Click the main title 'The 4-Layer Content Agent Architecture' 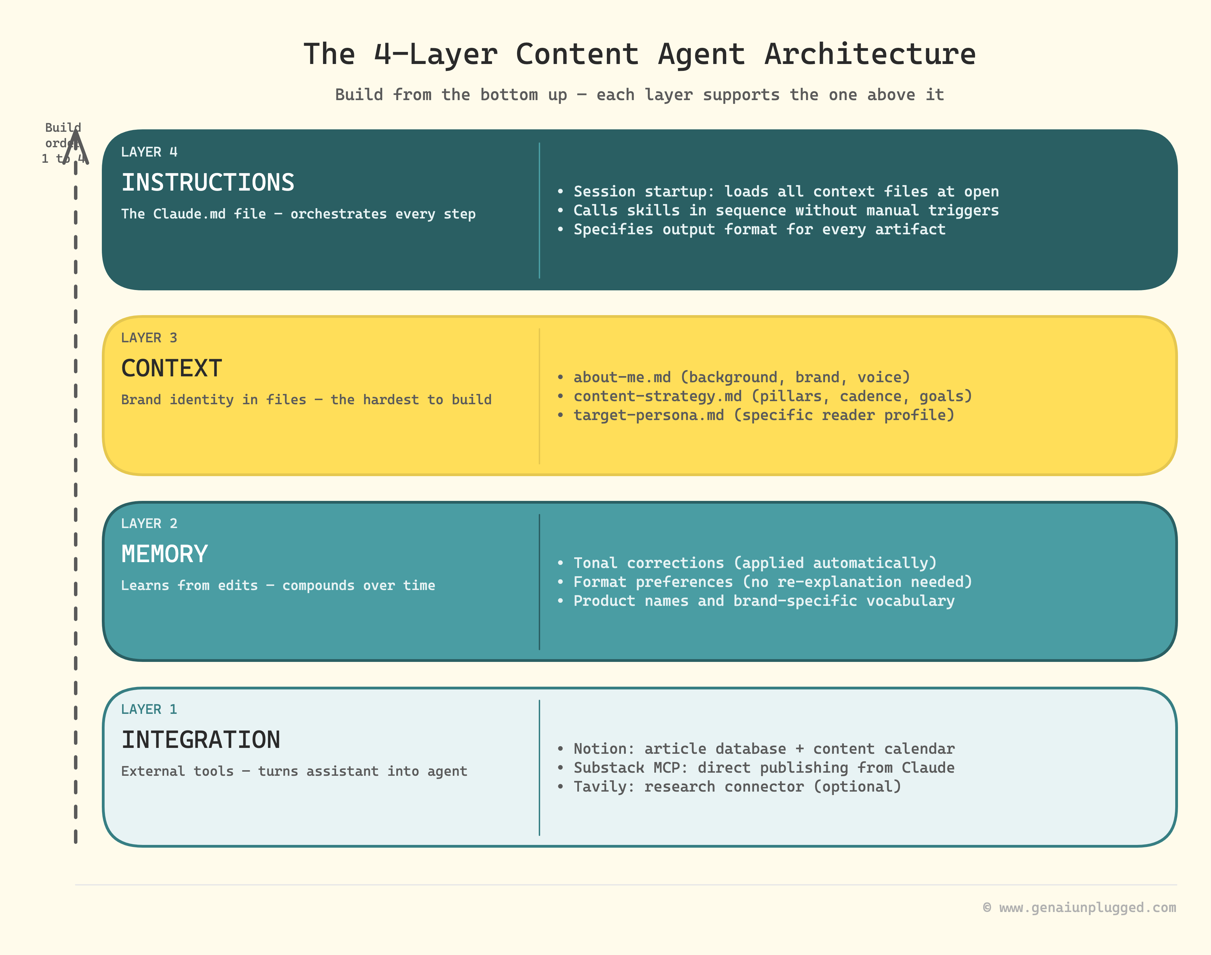(x=639, y=54)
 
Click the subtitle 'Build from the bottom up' (x=451, y=95)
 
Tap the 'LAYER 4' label (x=149, y=152)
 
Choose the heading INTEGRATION (x=200, y=739)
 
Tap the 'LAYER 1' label (x=149, y=709)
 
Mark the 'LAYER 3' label (x=149, y=338)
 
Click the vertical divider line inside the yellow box (x=539, y=396)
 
